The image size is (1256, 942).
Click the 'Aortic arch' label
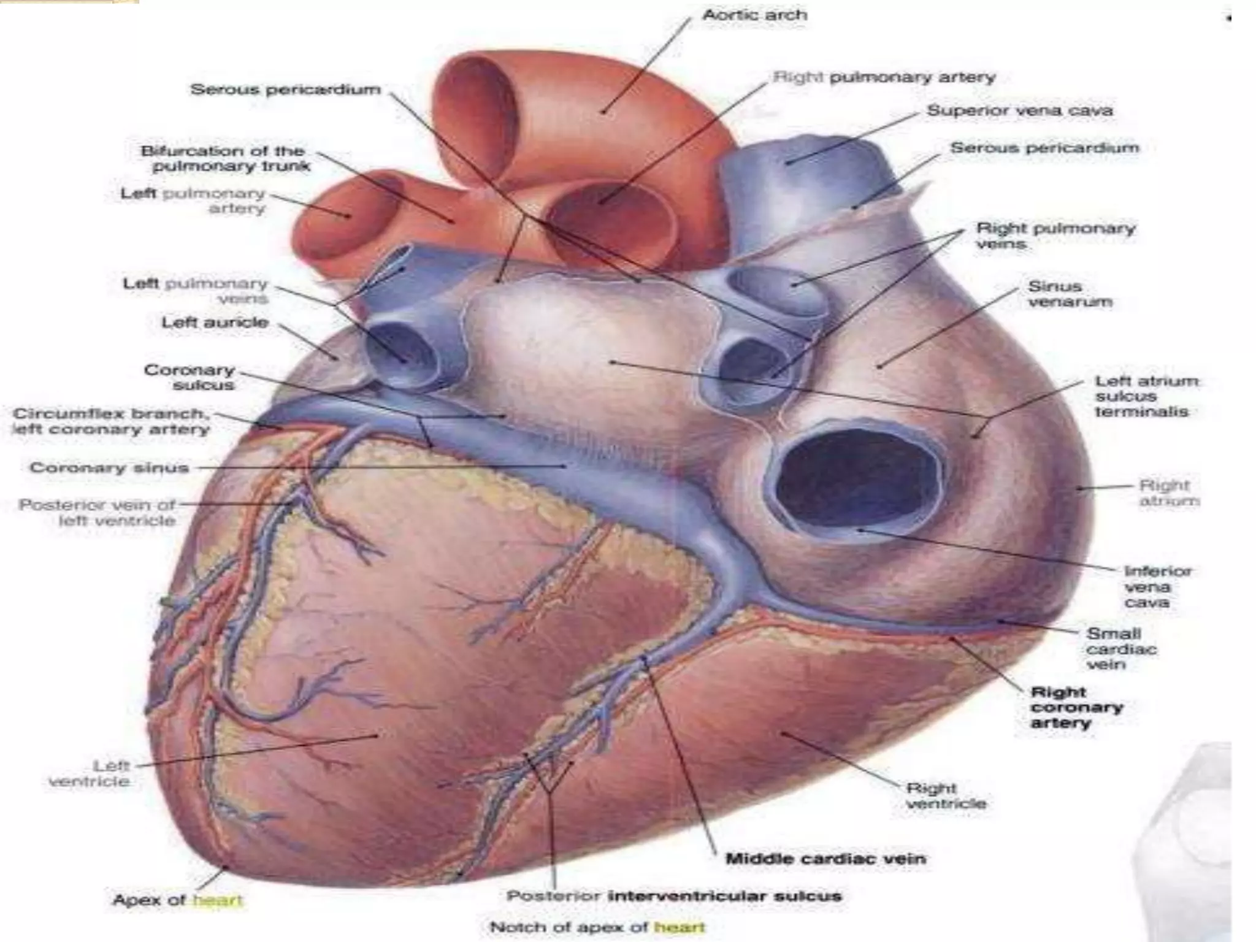[x=754, y=15]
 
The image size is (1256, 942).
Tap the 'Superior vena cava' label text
[x=1019, y=111]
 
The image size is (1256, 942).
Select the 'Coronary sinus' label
[x=109, y=468]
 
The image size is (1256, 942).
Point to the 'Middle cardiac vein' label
[x=825, y=859]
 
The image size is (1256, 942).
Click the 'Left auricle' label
[x=215, y=323]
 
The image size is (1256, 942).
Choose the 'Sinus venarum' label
[x=1070, y=294]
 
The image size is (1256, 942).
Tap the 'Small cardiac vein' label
[x=1121, y=649]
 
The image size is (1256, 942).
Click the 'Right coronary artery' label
[x=1076, y=708]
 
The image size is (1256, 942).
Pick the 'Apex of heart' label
[x=178, y=900]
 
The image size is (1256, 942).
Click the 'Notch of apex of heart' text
[x=597, y=927]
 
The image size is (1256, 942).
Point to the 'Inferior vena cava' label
[x=1157, y=587]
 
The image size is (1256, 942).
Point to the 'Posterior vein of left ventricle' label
[x=98, y=513]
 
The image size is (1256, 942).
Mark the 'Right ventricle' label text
[x=946, y=795]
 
